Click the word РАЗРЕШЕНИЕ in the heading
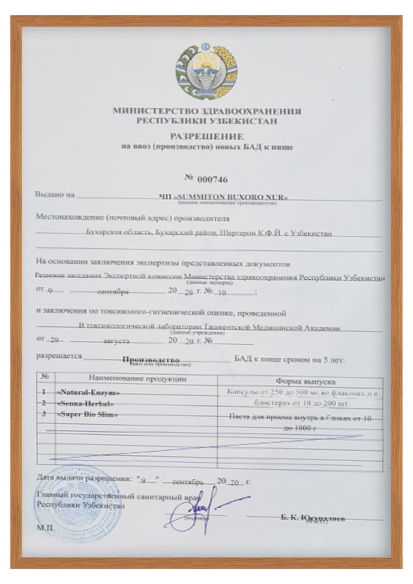(x=206, y=136)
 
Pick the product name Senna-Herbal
(x=85, y=403)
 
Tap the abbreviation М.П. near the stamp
(x=42, y=527)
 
